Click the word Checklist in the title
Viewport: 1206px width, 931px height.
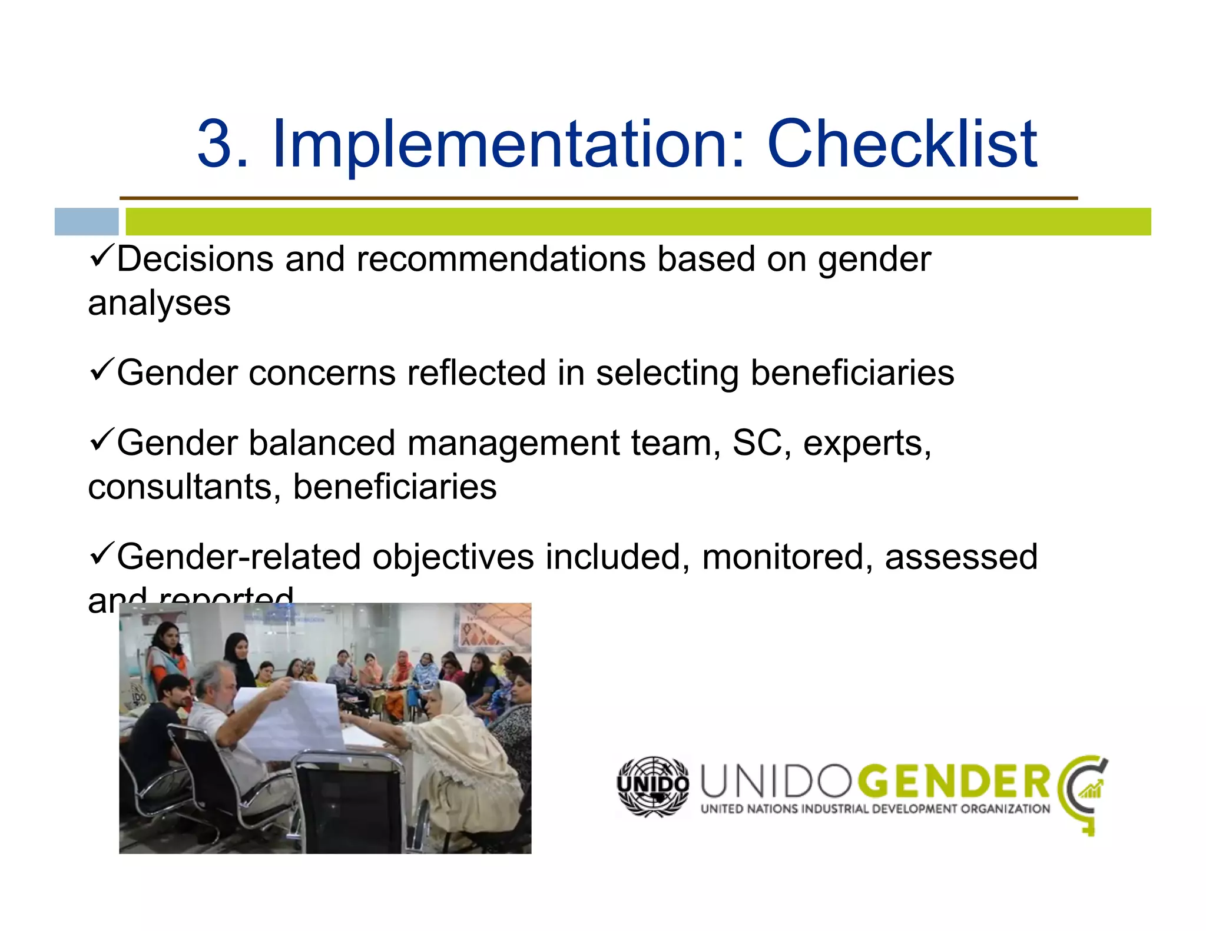(902, 144)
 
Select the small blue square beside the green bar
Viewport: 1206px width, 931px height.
(87, 222)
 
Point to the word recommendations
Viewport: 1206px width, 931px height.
(501, 260)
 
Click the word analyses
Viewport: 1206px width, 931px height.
(159, 304)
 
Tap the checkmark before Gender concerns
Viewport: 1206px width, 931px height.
(101, 371)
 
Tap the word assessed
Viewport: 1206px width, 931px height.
(960, 557)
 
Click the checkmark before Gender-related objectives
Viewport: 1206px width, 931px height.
(101, 554)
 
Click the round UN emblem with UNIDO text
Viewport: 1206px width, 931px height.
(653, 787)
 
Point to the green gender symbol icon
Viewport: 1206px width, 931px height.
(1084, 792)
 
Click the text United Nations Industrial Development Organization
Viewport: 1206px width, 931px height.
(874, 809)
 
